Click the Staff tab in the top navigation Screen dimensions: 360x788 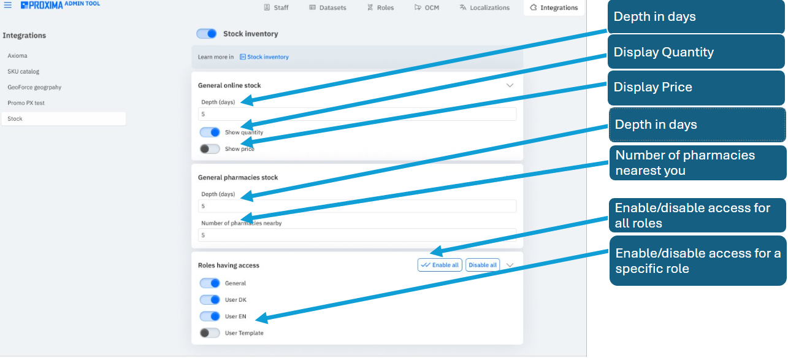[276, 8]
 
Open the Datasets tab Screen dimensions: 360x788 [327, 8]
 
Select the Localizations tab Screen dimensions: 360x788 [484, 8]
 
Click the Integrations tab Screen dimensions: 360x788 [554, 8]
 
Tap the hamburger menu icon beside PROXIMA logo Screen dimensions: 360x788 [8, 5]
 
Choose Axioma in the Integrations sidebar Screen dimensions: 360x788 [17, 56]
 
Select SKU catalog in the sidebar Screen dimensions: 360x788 [23, 72]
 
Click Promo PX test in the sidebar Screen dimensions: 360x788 [26, 103]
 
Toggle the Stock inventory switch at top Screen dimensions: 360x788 [207, 34]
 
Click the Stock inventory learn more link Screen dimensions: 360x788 [264, 57]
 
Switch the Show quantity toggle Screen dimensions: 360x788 [210, 132]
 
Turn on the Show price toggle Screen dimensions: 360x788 [210, 149]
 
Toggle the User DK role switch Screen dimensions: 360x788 [210, 300]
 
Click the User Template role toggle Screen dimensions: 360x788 [210, 333]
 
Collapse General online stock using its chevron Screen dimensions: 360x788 [510, 86]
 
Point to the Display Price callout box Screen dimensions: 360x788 [695, 88]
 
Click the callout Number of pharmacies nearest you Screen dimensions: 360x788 [697, 163]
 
